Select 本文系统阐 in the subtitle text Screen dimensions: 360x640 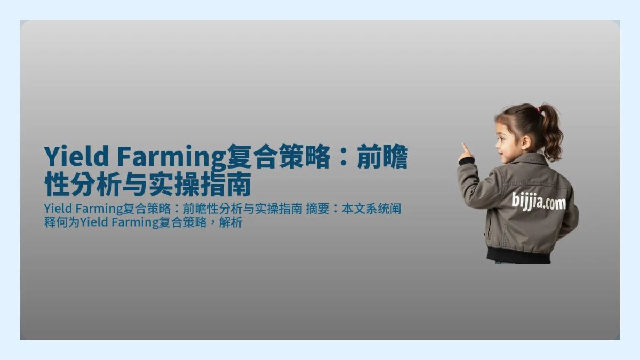tap(371, 209)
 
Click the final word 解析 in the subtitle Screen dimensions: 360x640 tap(233, 222)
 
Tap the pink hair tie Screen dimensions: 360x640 tap(539, 109)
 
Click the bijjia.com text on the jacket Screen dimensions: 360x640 tap(539, 202)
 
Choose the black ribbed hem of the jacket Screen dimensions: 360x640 tap(518, 254)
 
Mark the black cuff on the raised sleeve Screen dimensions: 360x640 tap(466, 161)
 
